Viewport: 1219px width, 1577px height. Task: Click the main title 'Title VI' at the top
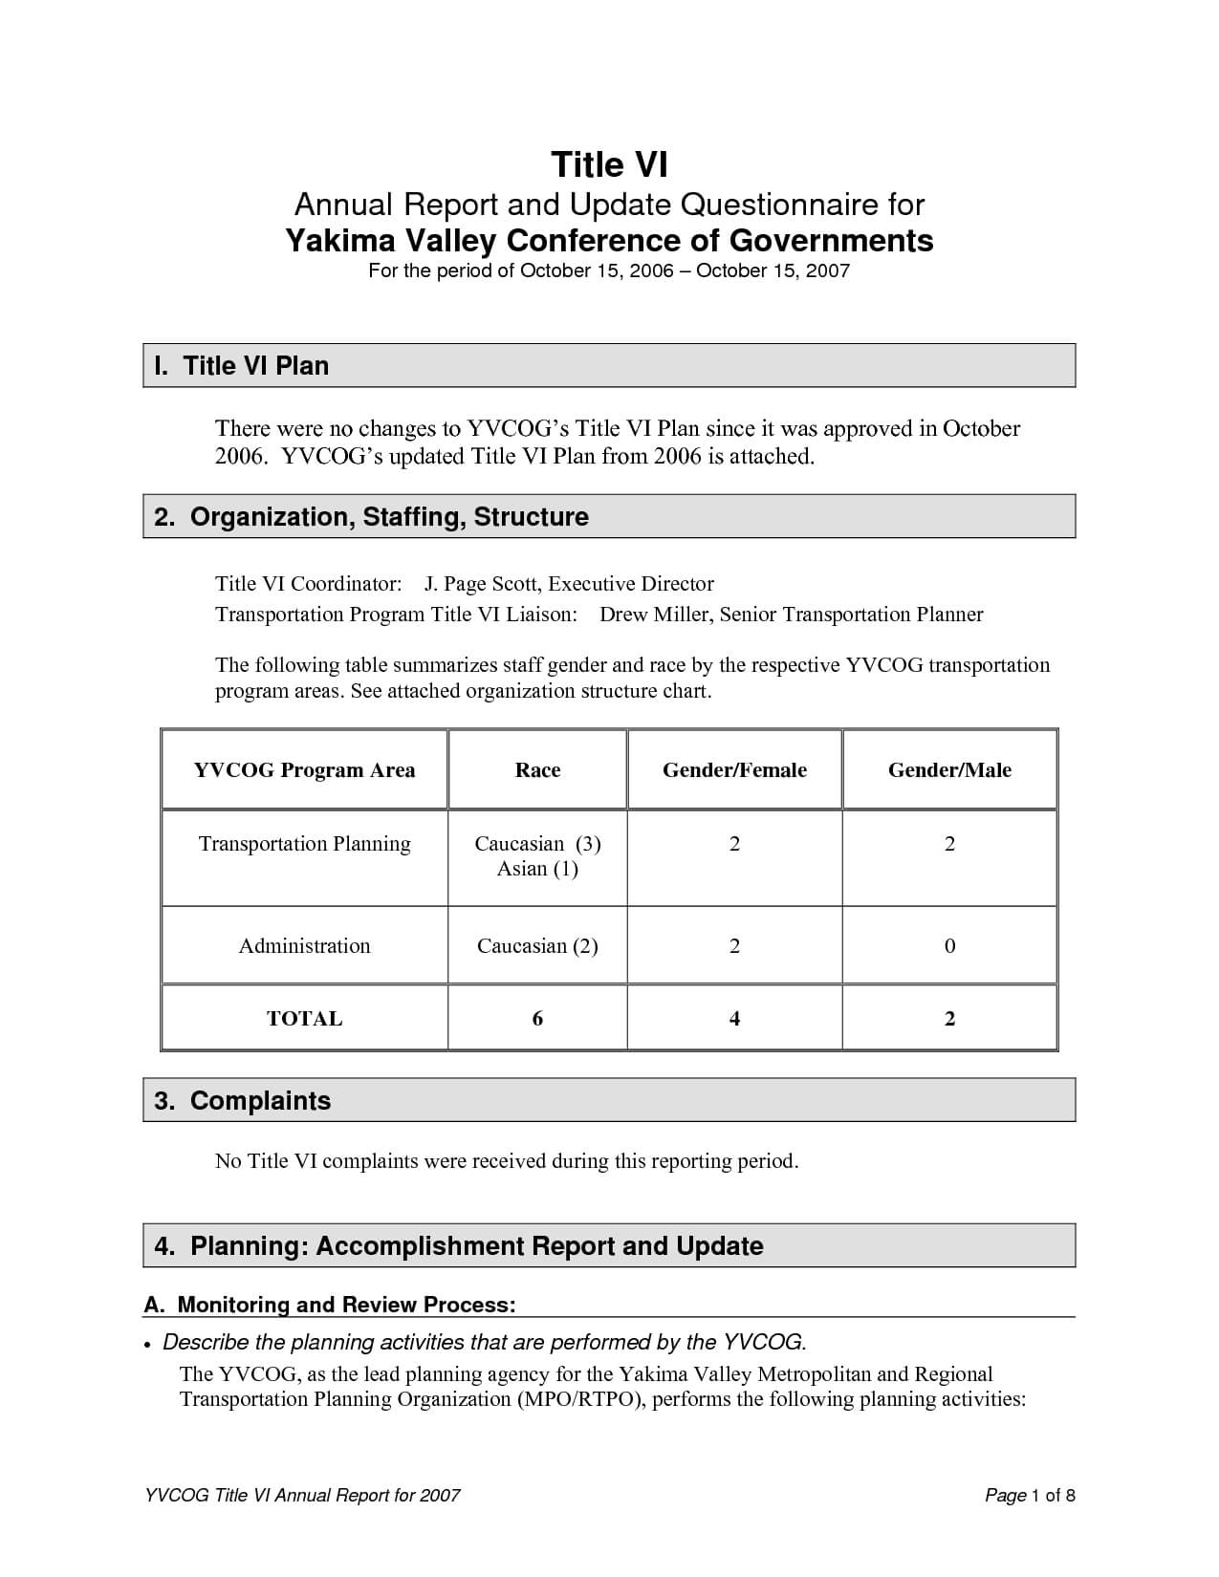click(x=609, y=165)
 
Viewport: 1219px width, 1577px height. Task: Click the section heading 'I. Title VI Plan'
click(x=241, y=366)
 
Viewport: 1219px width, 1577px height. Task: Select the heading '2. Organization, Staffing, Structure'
click(x=371, y=517)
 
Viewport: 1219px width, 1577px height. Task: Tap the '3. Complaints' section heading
click(x=242, y=1101)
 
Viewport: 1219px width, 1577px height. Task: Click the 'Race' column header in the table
click(x=537, y=770)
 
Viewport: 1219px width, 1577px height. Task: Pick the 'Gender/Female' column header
click(x=734, y=770)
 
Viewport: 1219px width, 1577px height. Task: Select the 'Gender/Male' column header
click(x=949, y=770)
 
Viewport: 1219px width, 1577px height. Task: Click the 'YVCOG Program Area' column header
click(x=304, y=770)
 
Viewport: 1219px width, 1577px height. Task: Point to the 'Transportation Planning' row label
click(x=304, y=844)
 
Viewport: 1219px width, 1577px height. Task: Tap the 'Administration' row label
click(x=304, y=946)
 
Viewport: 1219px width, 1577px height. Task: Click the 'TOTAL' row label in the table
click(x=304, y=1019)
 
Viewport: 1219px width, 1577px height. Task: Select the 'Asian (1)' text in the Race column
click(x=537, y=869)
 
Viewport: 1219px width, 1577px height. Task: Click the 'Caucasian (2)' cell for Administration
click(x=537, y=946)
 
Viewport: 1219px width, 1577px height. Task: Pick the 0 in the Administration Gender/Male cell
click(x=949, y=946)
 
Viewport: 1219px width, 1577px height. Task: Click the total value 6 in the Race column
click(x=537, y=1019)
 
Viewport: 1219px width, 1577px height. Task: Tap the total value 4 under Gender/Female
click(x=734, y=1019)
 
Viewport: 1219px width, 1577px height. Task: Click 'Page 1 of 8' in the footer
click(x=1030, y=1496)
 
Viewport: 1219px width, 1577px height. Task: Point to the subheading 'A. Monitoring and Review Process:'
click(x=330, y=1306)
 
